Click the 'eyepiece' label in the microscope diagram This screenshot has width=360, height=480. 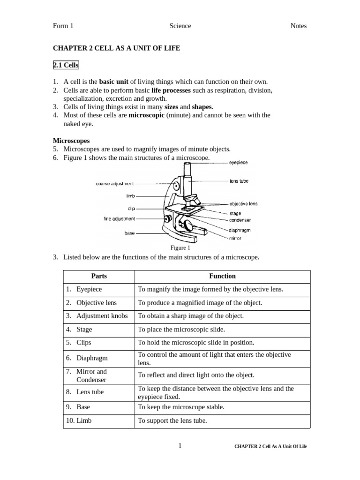[x=239, y=163]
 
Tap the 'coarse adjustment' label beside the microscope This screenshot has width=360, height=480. [x=115, y=184]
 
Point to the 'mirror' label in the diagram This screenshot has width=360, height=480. [x=235, y=238]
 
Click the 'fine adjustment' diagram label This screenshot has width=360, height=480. [x=119, y=218]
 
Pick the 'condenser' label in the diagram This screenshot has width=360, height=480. [x=240, y=220]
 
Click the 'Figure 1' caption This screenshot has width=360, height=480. [x=180, y=248]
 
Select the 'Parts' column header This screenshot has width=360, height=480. [x=99, y=276]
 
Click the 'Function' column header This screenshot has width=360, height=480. [x=222, y=276]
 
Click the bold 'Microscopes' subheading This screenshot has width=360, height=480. [x=71, y=141]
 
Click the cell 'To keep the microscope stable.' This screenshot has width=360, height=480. [x=181, y=407]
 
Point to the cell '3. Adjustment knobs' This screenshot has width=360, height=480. [x=97, y=316]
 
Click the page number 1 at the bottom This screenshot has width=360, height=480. [x=180, y=446]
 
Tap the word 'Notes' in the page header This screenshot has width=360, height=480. [x=298, y=26]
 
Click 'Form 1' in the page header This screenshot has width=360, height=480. [x=63, y=26]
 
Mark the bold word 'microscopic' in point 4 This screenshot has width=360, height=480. [x=146, y=115]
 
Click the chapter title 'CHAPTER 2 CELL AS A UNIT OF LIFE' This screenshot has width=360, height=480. [x=116, y=48]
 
